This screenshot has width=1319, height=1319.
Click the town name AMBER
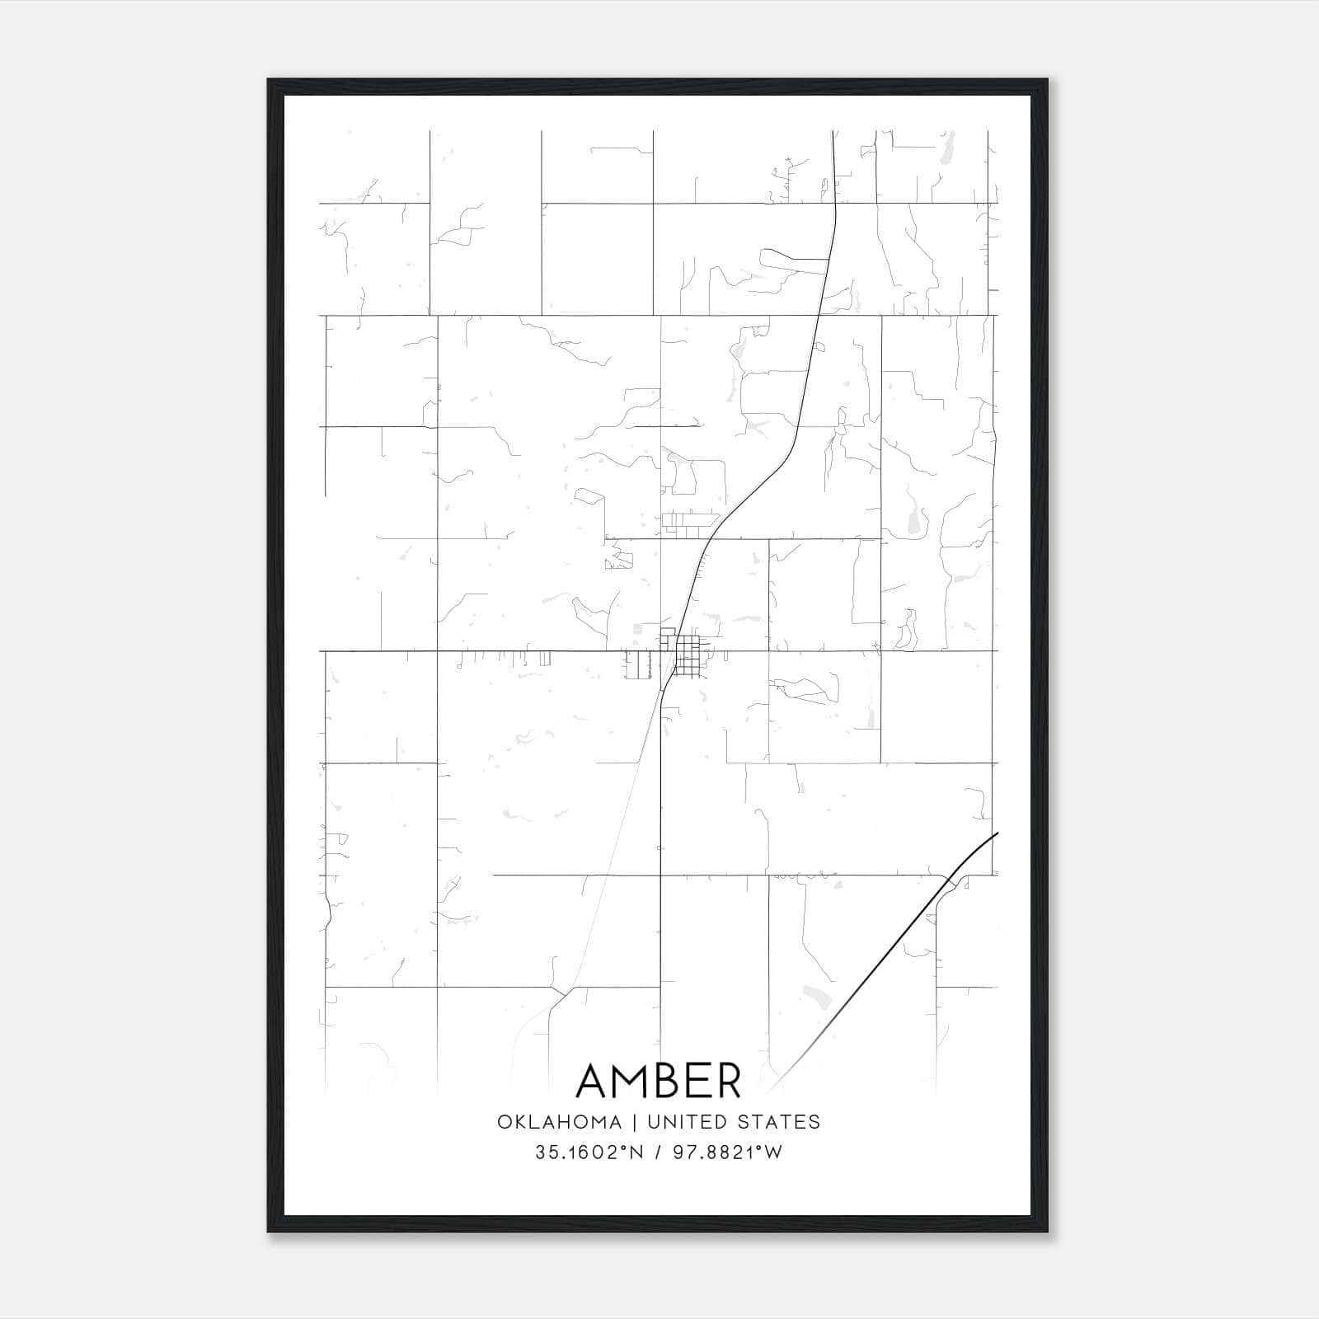pos(659,1081)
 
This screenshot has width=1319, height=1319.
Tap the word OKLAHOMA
pos(558,1122)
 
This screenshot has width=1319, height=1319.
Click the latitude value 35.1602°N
pos(587,1153)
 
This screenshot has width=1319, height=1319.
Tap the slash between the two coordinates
pos(656,1153)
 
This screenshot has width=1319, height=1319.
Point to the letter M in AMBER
pos(637,1081)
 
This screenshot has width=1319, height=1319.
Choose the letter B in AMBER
pos(676,1081)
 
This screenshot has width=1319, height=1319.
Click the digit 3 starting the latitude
pos(540,1153)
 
